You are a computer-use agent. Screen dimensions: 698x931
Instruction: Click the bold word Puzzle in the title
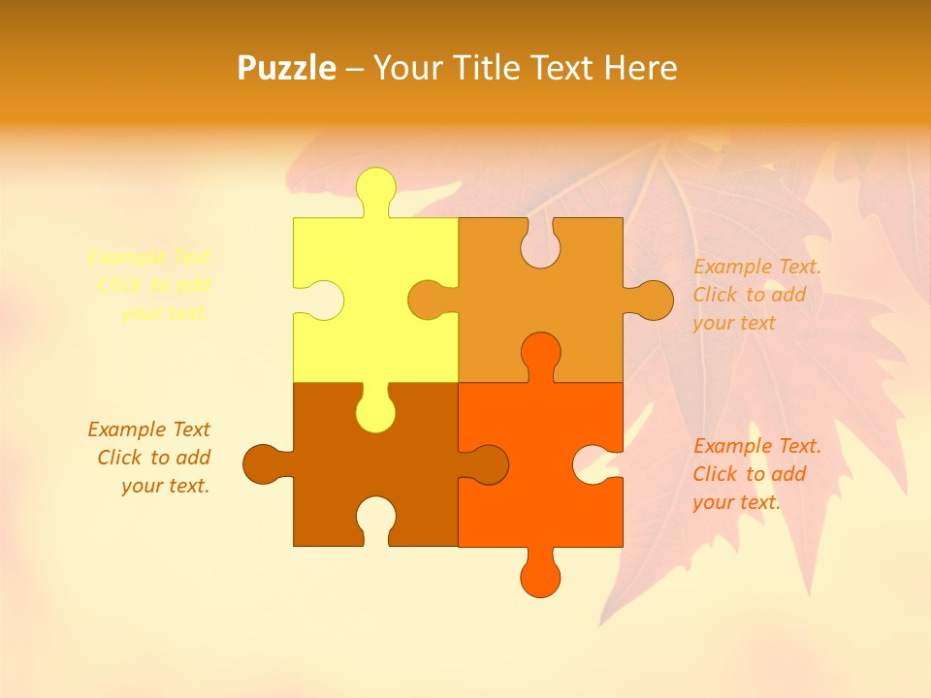287,68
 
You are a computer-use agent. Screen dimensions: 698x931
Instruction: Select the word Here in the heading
640,68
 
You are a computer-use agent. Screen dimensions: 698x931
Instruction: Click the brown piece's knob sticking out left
263,464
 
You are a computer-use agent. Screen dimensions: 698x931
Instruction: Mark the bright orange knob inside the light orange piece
540,353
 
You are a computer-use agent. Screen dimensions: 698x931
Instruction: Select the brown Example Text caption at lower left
150,458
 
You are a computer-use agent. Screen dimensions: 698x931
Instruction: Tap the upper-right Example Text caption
756,295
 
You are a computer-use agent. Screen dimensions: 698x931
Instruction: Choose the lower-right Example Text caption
756,474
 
